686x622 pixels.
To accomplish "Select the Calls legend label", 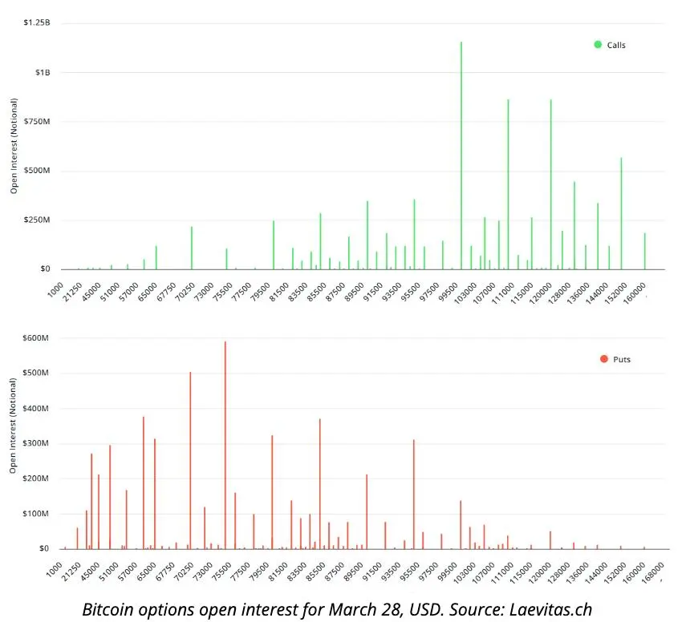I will [x=616, y=45].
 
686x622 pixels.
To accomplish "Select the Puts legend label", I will [x=621, y=359].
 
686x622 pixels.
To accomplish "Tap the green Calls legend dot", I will [x=598, y=44].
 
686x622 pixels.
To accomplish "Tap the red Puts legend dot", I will [x=603, y=358].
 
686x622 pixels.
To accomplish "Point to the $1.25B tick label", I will [x=35, y=23].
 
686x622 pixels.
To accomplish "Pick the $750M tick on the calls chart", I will [x=36, y=122].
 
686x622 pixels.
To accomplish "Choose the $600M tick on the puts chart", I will [x=36, y=338].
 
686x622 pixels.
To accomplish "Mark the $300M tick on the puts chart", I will [x=36, y=443].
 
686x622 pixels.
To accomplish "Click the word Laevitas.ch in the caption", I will [x=550, y=609].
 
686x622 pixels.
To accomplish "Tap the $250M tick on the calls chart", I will [x=36, y=220].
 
